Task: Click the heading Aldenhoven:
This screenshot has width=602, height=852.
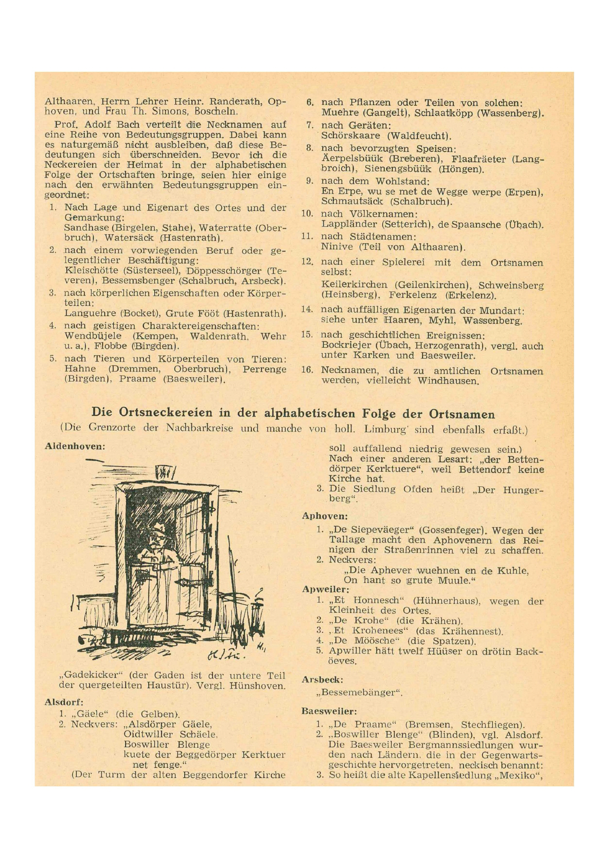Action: (x=74, y=446)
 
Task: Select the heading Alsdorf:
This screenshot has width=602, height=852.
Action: (x=64, y=702)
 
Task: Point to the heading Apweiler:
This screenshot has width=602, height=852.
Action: (x=325, y=589)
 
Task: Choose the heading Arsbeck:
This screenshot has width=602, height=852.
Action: (x=322, y=679)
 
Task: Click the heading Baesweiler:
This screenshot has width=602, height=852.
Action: (x=329, y=711)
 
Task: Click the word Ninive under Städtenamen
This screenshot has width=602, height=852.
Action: (x=337, y=247)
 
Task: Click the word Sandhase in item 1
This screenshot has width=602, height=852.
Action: (x=84, y=228)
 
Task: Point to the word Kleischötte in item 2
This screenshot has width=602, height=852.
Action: (x=91, y=270)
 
